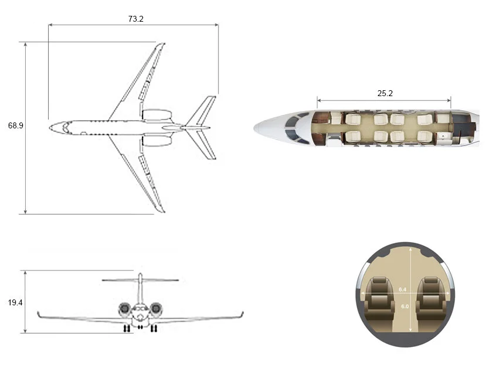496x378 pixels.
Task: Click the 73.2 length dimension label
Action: pyautogui.click(x=135, y=19)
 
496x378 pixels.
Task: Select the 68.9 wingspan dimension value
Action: pyautogui.click(x=16, y=126)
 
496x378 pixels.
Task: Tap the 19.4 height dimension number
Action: pyautogui.click(x=16, y=302)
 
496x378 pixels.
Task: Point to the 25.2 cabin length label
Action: pyautogui.click(x=385, y=93)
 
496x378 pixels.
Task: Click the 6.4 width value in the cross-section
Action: pyautogui.click(x=402, y=290)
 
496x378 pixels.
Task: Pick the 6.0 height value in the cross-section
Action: pyautogui.click(x=405, y=306)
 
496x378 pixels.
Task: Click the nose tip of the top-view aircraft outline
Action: pyautogui.click(x=50, y=126)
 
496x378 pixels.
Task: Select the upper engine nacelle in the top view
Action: pyautogui.click(x=157, y=115)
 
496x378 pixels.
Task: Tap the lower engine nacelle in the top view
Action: pyautogui.click(x=157, y=140)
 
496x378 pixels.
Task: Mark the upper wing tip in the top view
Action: pyautogui.click(x=161, y=45)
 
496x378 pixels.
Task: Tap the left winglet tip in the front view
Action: pyautogui.click(x=38, y=314)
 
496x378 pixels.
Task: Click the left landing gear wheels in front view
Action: pyautogui.click(x=127, y=329)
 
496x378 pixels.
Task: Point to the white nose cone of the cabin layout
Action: pyautogui.click(x=267, y=126)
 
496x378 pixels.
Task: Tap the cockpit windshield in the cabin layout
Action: pyautogui.click(x=293, y=128)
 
